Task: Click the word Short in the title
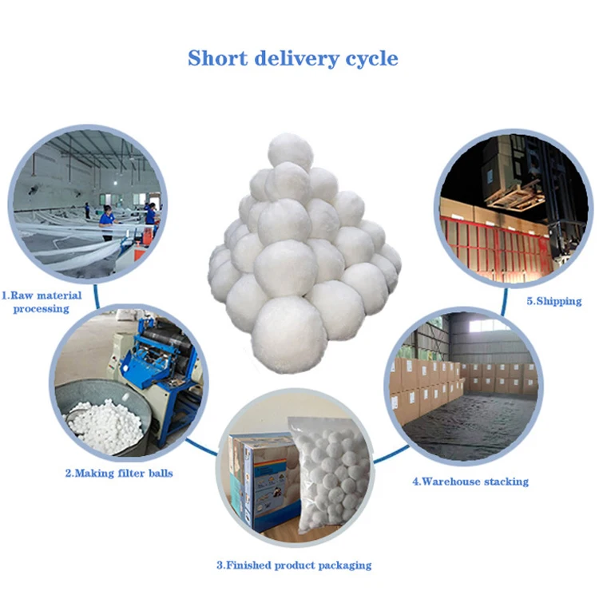pos(216,58)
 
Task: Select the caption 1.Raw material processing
pos(42,301)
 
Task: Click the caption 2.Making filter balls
pos(119,473)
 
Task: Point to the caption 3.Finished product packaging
pos(294,565)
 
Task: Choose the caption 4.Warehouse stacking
pos(470,482)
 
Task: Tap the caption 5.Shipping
pos(553,301)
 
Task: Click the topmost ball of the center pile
pos(291,152)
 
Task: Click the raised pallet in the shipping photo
pos(515,194)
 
